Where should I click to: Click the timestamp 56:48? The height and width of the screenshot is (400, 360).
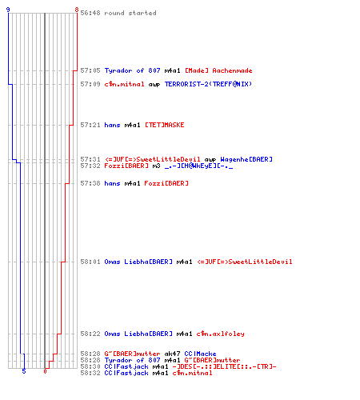(90, 13)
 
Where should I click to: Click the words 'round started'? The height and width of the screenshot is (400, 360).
(130, 13)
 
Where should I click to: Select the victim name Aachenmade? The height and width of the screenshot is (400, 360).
(232, 70)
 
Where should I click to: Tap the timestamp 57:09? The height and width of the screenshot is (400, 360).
(90, 84)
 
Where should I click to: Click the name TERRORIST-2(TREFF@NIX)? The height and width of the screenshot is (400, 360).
(208, 84)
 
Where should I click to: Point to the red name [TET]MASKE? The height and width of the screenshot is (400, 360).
(165, 125)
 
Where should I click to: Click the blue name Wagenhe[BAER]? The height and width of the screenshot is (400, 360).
(246, 159)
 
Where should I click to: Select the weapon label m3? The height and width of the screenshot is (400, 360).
(156, 166)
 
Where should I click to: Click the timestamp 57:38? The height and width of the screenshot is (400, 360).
(90, 183)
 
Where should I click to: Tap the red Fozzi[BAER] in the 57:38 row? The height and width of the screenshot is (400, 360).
(166, 183)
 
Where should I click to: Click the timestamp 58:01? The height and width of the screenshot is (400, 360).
(90, 262)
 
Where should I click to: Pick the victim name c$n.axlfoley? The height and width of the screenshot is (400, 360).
(220, 334)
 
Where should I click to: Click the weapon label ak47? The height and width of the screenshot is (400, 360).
(172, 354)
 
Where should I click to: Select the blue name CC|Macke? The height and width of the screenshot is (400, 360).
(200, 354)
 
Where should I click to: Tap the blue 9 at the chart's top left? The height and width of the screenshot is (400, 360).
(8, 10)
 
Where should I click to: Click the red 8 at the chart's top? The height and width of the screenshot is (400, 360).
(77, 10)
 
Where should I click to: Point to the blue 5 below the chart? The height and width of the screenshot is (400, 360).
(24, 371)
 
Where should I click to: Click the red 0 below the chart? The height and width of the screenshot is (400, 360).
(45, 371)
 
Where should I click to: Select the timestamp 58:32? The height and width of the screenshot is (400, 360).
(90, 373)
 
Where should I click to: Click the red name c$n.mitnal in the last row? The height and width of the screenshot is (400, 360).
(192, 373)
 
